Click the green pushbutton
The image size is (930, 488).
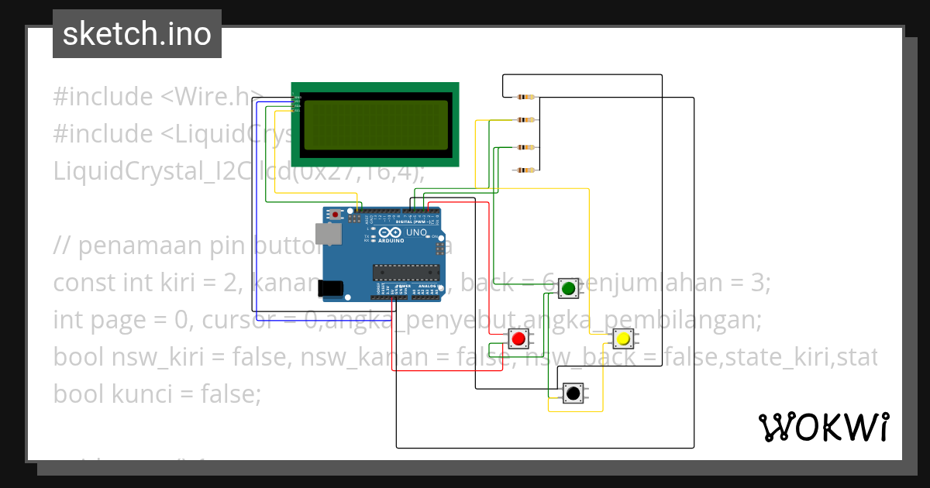[568, 289]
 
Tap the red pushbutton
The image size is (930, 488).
[518, 339]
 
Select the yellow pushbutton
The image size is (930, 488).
[622, 339]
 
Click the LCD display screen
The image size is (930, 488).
[375, 124]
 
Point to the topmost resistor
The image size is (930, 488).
[527, 98]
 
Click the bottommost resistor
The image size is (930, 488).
[527, 170]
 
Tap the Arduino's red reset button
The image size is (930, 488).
[335, 213]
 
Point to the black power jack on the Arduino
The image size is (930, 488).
[331, 288]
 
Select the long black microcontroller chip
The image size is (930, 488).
[406, 271]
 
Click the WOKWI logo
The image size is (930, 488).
[823, 427]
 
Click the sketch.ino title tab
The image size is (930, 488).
[137, 34]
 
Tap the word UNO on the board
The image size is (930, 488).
[417, 232]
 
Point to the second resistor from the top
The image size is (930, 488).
[527, 120]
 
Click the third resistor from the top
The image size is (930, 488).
[527, 147]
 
